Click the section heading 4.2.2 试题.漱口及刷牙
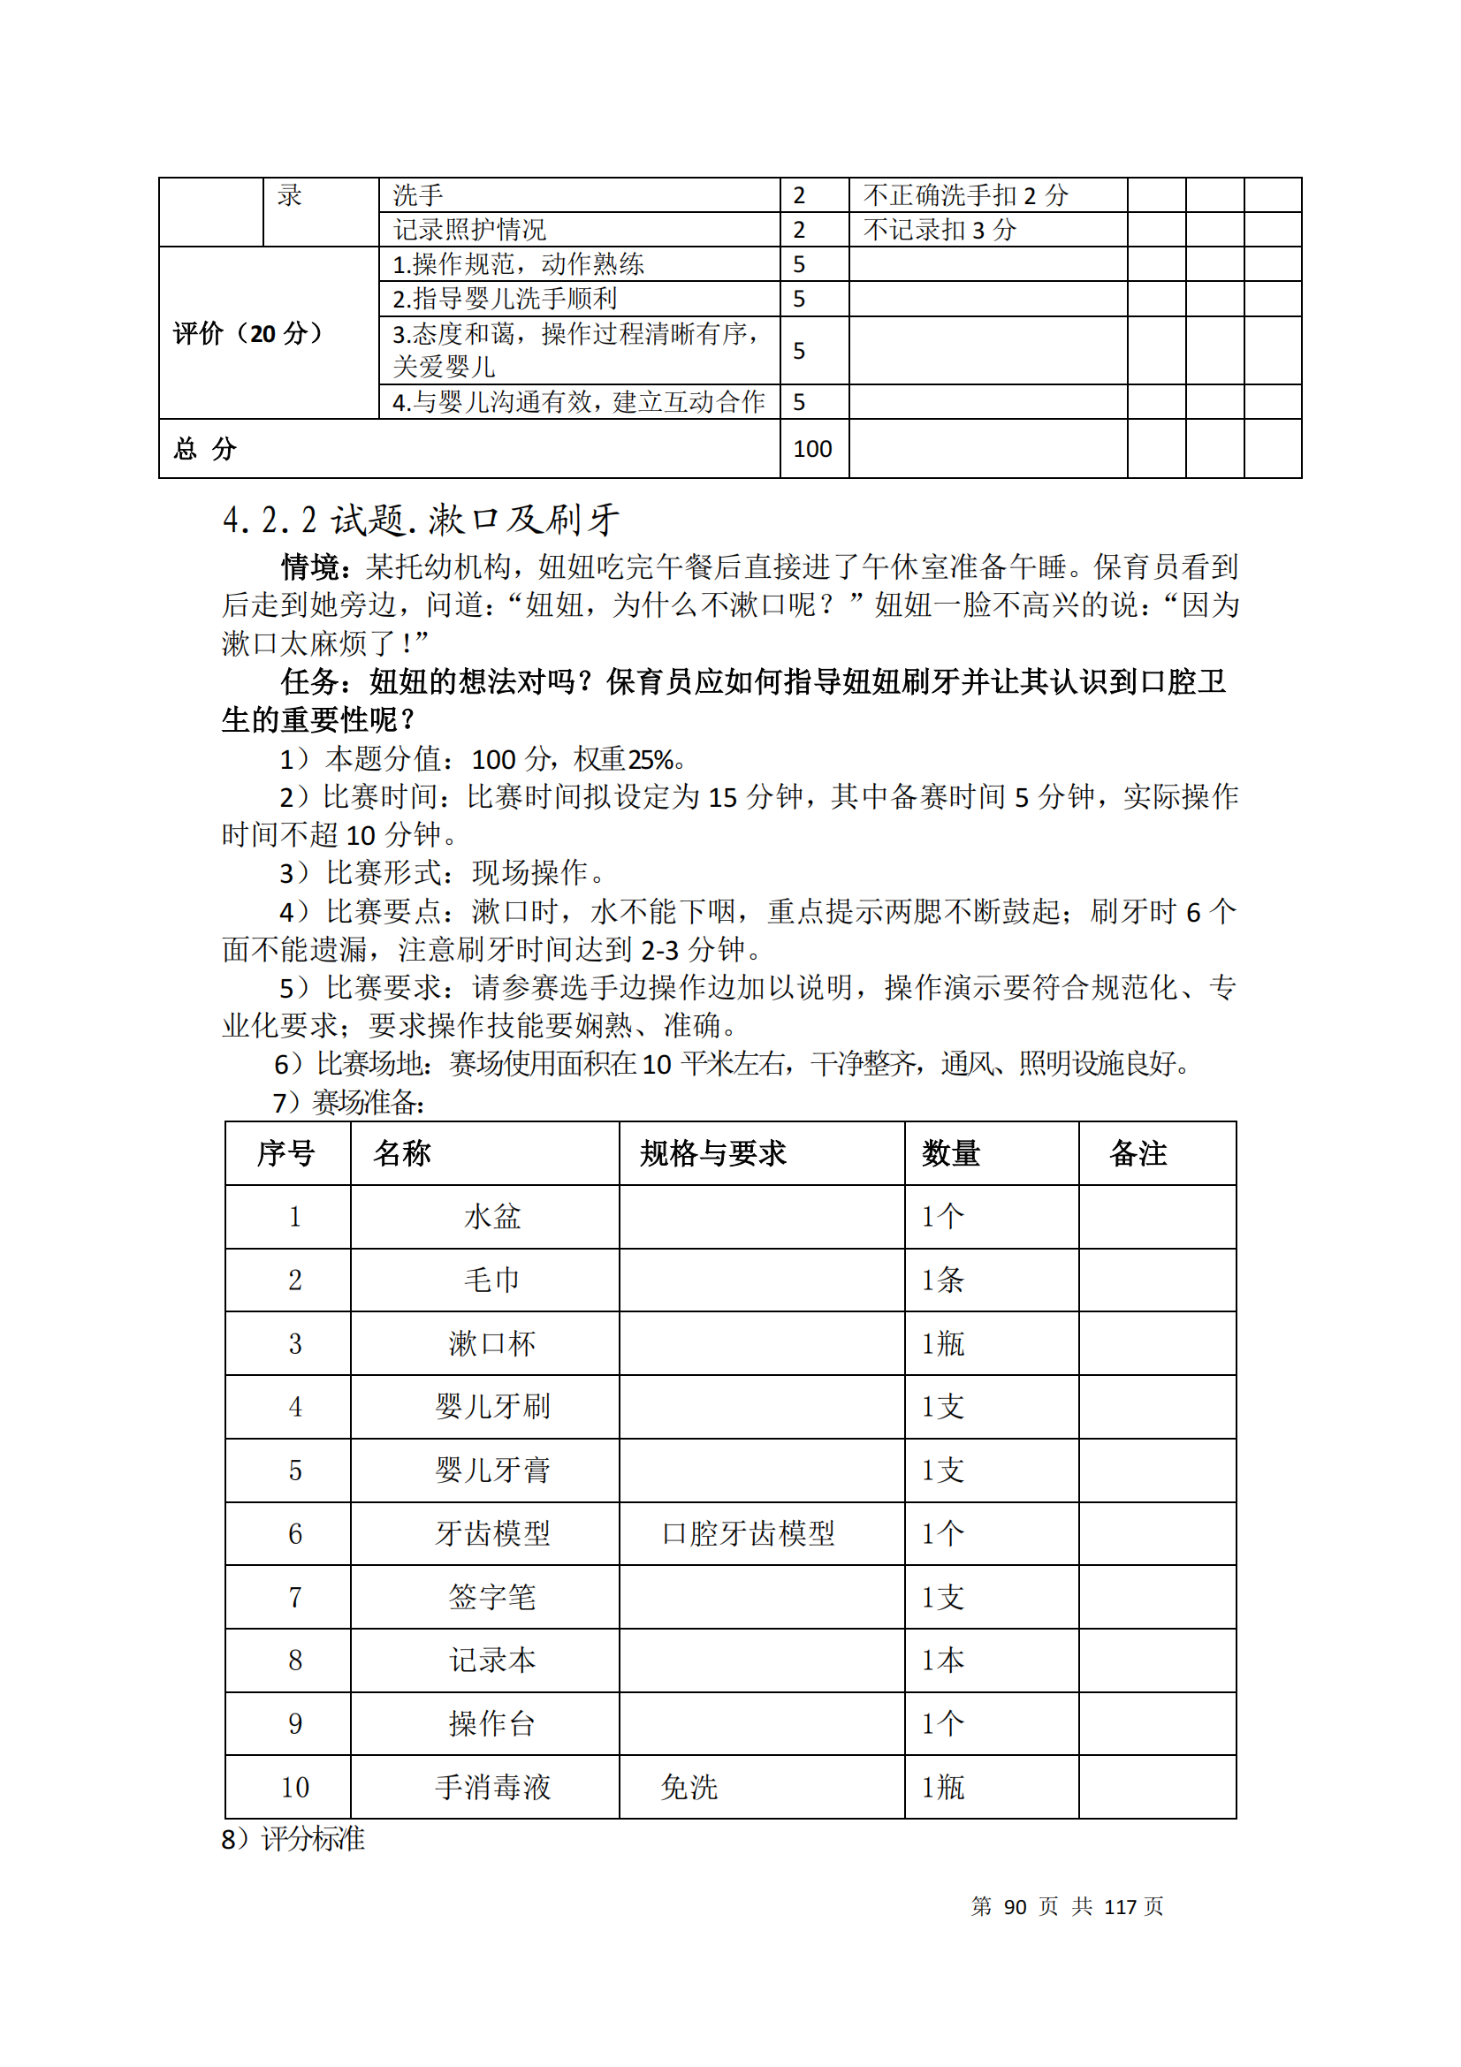click(421, 520)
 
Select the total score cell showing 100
click(812, 448)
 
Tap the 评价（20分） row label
click(247, 333)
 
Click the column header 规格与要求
click(713, 1153)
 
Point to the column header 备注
click(1138, 1153)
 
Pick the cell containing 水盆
click(491, 1217)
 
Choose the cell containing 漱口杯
click(491, 1344)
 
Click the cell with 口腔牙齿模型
click(748, 1534)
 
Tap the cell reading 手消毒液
click(491, 1787)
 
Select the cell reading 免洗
click(689, 1787)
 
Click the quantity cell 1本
click(941, 1660)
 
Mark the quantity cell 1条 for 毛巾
click(941, 1280)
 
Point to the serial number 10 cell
click(294, 1787)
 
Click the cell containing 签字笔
click(491, 1597)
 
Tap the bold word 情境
click(309, 567)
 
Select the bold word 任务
click(309, 681)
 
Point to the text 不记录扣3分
click(939, 231)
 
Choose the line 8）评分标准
click(293, 1838)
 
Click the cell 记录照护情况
click(469, 231)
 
